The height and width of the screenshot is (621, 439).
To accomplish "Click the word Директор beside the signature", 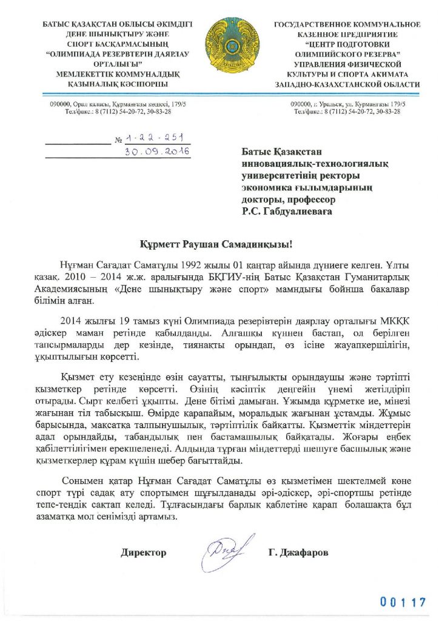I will pos(143,552).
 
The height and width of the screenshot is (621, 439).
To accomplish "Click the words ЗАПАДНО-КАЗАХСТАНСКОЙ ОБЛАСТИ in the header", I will pos(347,86).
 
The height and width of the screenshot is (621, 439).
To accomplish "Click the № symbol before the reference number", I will pos(119,141).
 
